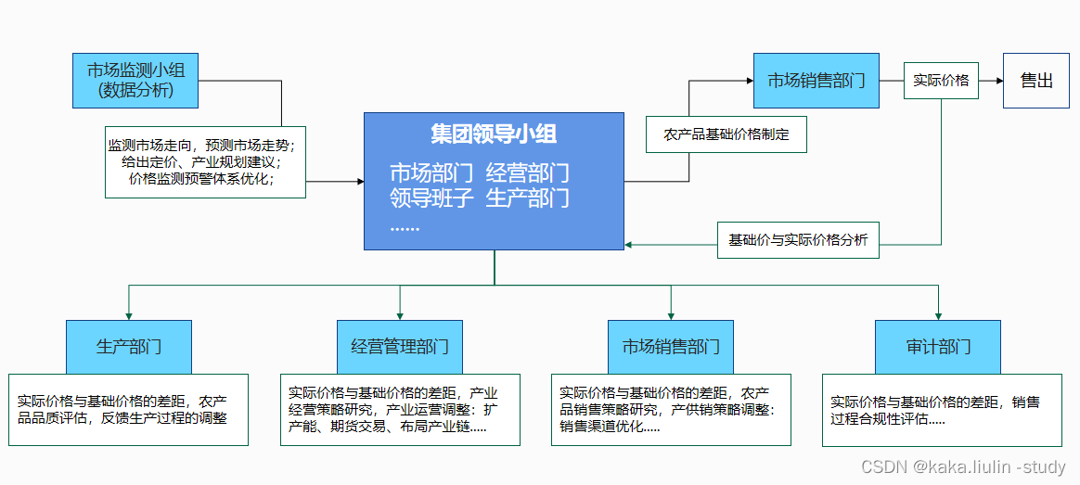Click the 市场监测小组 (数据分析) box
135,80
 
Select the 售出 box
1035,81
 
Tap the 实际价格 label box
941,81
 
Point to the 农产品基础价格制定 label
726,134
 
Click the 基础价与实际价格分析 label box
798,239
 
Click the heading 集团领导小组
494,134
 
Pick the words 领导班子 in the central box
431,198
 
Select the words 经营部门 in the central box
527,173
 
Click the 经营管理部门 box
400,347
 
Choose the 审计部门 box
938,347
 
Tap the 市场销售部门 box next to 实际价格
816,81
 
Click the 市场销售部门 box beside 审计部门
671,347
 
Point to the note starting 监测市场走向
205,162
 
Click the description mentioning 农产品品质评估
129,409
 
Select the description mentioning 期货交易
400,410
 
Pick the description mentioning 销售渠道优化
671,410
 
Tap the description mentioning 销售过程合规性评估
941,410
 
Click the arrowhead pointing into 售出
998,81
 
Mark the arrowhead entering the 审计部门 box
938,315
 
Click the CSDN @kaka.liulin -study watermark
963,467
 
